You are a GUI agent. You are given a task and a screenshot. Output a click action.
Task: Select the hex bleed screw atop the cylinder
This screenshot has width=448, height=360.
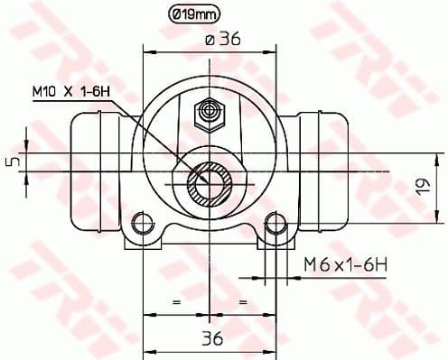click(210, 113)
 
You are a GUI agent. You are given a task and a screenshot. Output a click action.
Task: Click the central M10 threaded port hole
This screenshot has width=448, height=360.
click(210, 187)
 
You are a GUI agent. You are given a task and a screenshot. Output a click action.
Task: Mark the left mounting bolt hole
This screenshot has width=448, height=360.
click(143, 221)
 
